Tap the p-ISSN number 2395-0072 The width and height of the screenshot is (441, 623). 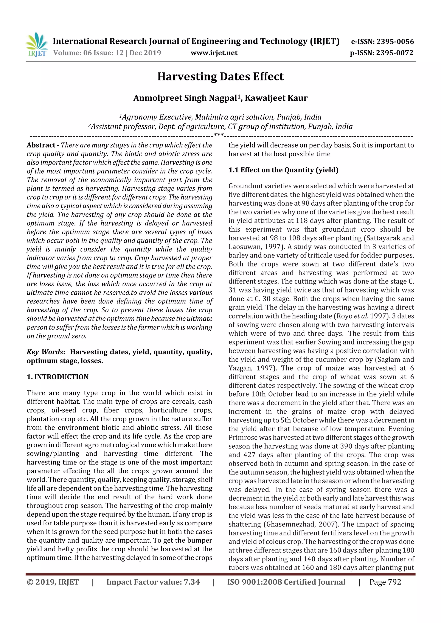click(x=394, y=53)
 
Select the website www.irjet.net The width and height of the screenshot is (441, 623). click(x=214, y=53)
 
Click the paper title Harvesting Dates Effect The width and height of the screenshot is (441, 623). click(x=220, y=77)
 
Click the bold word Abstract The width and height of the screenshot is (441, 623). click(x=41, y=145)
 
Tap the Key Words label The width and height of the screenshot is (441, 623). click(x=45, y=352)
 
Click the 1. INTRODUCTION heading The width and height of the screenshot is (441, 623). click(x=58, y=377)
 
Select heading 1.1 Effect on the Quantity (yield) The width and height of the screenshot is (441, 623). click(x=283, y=170)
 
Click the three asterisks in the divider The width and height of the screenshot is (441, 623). click(x=219, y=135)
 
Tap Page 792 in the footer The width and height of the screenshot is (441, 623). click(x=385, y=582)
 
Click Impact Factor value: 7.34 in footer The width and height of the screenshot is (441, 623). click(x=153, y=582)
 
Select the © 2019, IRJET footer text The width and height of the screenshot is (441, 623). click(x=53, y=582)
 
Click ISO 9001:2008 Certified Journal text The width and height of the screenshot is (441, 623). click(x=286, y=582)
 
